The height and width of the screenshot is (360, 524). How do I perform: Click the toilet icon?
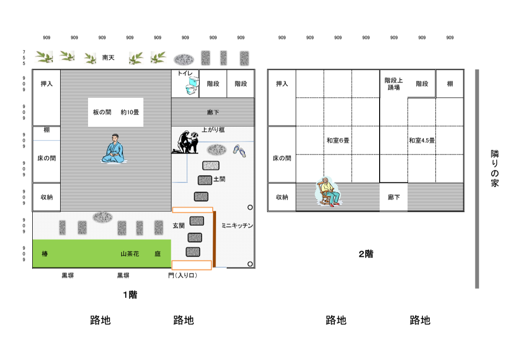coord(192,86)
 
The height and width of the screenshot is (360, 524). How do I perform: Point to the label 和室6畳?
coord(338,141)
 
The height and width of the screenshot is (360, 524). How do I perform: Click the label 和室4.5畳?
coord(422,141)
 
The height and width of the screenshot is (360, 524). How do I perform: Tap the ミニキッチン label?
coord(237,225)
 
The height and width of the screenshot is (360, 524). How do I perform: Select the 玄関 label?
coord(179,225)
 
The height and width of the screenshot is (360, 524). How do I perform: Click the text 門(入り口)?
coord(182,276)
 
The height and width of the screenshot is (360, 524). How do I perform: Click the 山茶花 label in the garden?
coord(129,254)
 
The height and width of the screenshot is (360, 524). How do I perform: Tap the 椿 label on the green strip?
coord(45,254)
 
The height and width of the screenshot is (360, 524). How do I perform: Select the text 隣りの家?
coord(495,168)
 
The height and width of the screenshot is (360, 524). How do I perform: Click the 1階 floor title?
coord(129,295)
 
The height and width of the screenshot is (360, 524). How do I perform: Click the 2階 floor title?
coord(366,254)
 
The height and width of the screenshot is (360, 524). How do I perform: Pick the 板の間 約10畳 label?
coord(116,112)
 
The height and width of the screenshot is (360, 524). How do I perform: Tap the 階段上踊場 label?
coord(394,84)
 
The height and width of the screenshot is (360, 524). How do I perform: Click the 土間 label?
coord(219,179)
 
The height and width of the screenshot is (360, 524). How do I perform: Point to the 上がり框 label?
coord(213,130)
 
